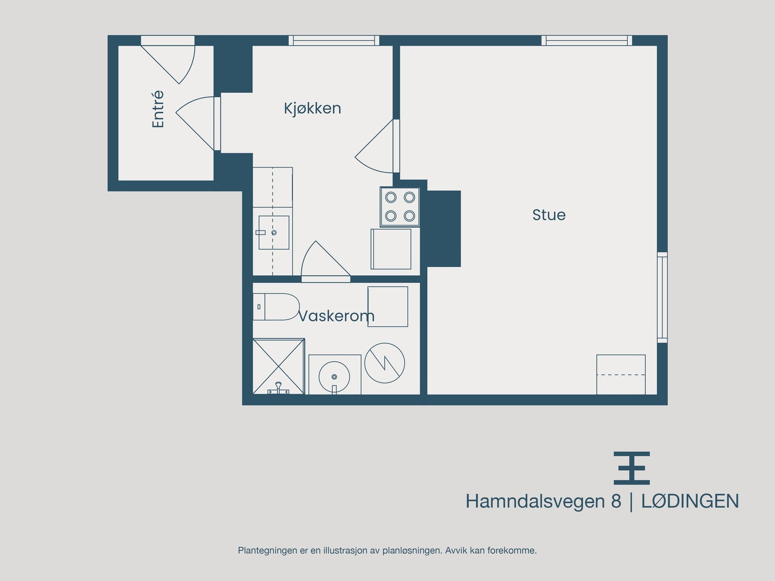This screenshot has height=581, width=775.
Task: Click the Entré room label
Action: (x=158, y=109)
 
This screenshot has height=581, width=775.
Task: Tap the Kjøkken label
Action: (x=312, y=108)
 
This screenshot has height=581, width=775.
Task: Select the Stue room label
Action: (x=549, y=215)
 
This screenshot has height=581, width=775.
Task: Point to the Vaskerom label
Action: (x=337, y=316)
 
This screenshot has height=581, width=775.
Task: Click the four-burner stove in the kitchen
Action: (x=400, y=207)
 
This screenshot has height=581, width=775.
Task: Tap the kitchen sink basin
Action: (x=274, y=232)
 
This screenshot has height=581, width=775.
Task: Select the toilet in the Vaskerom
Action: (x=276, y=306)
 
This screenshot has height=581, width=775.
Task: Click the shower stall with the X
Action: (x=279, y=366)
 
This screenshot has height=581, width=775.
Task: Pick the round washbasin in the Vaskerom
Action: (x=334, y=377)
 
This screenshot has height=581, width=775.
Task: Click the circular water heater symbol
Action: (x=385, y=363)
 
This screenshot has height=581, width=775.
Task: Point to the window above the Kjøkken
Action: (x=334, y=41)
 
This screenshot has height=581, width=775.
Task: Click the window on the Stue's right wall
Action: (x=662, y=297)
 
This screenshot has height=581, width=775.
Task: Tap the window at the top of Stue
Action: (x=587, y=41)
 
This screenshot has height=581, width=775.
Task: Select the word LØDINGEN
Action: (x=690, y=501)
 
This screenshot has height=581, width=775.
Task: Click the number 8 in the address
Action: (x=616, y=501)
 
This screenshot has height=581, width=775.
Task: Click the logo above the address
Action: (x=632, y=468)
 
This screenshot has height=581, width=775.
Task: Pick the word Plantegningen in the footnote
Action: (x=268, y=550)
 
